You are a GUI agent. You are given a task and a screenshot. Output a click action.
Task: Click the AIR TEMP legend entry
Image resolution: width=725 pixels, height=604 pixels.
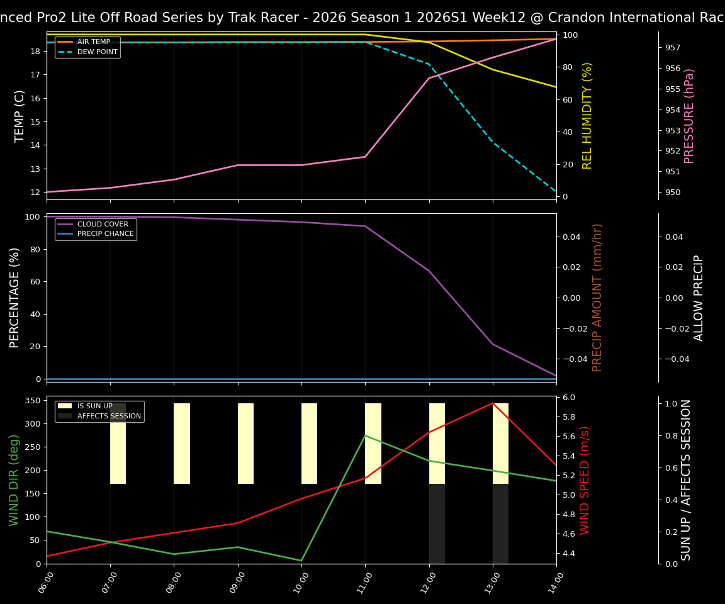(x=93, y=42)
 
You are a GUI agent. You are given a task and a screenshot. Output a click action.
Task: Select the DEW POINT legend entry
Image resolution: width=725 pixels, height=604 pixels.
(x=97, y=52)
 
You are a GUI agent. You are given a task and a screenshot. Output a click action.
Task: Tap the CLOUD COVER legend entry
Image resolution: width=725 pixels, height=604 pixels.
(x=103, y=224)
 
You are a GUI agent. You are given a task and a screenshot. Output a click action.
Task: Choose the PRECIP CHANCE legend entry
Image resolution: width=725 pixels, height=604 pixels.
(x=105, y=234)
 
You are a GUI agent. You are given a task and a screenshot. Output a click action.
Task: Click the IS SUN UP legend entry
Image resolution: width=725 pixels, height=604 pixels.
(x=95, y=406)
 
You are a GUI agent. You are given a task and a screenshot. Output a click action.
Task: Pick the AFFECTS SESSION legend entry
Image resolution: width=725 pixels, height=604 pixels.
(x=109, y=416)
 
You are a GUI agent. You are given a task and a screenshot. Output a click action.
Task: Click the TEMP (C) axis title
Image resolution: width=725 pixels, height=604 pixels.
(x=20, y=116)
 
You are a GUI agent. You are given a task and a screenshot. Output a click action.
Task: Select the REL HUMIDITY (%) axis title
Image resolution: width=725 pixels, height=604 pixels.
(x=587, y=116)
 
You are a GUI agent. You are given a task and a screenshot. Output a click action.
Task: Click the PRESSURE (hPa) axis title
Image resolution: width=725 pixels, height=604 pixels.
(x=689, y=116)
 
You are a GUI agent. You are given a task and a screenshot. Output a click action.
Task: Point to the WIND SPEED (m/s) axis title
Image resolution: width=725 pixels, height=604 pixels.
(x=585, y=479)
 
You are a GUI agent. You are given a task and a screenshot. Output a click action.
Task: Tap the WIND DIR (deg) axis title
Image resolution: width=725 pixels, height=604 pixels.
(x=14, y=479)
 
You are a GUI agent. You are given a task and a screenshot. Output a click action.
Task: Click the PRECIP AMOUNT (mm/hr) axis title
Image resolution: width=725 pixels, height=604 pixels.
(x=597, y=297)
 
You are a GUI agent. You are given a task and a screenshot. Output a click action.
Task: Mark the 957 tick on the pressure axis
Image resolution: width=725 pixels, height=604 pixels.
(x=672, y=47)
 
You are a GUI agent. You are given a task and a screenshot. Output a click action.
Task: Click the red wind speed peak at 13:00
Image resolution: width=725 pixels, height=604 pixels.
(x=493, y=403)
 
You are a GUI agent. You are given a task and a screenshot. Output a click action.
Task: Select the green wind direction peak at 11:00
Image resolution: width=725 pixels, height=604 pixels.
(x=365, y=435)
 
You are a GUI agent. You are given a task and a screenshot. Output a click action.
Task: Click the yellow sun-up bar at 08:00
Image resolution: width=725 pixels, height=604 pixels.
(x=182, y=444)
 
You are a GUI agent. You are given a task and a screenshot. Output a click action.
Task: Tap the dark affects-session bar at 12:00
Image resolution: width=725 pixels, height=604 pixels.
(x=437, y=523)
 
